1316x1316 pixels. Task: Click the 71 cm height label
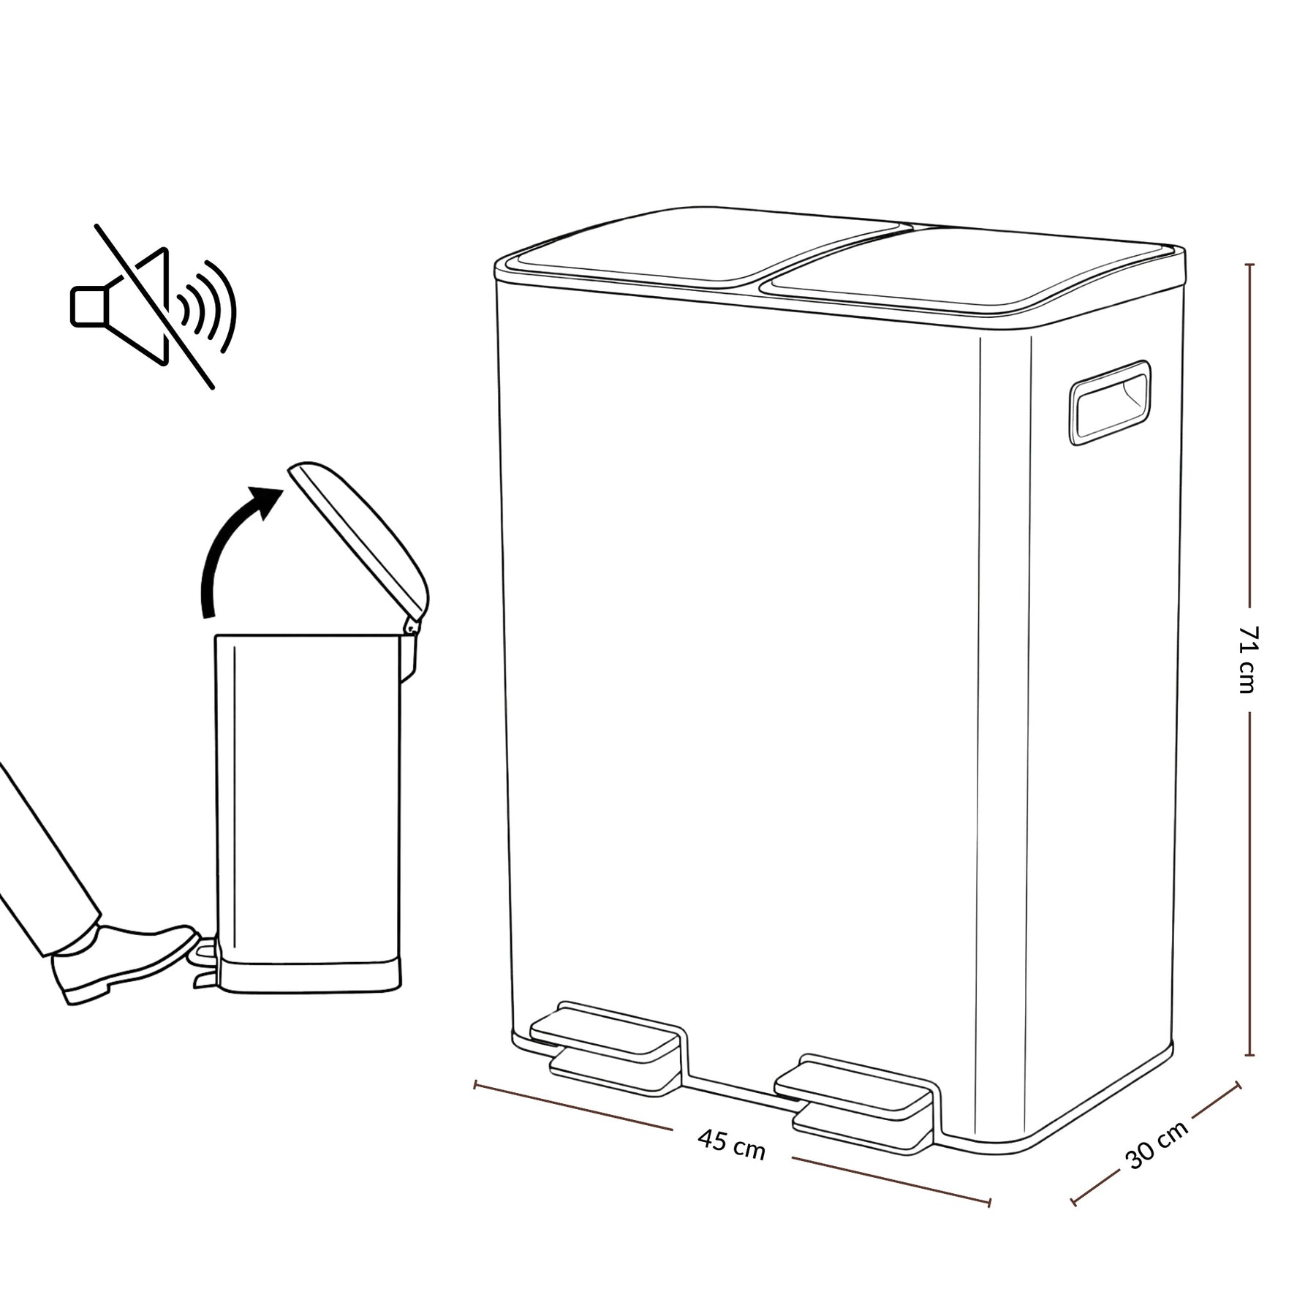click(x=1248, y=659)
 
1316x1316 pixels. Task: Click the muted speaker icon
click(x=154, y=307)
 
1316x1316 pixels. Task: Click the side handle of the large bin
click(x=1110, y=402)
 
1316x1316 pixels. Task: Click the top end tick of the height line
click(x=1249, y=264)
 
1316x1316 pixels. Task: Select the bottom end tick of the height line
click(x=1249, y=1055)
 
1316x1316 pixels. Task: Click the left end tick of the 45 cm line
click(x=476, y=1084)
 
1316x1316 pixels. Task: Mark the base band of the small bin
click(x=310, y=977)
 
